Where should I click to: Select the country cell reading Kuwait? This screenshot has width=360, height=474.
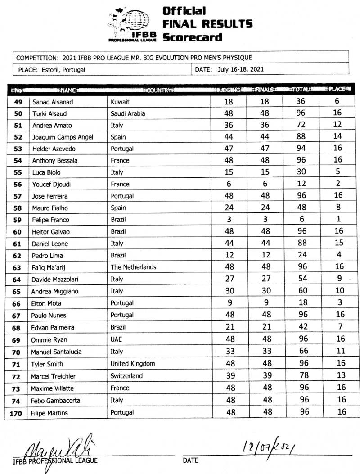point(120,102)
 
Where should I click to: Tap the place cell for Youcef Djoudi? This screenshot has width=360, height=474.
point(338,184)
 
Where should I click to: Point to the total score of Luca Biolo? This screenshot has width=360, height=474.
point(301,172)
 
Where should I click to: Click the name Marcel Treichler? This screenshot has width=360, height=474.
point(53,376)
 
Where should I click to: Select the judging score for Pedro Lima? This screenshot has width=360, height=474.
point(229,255)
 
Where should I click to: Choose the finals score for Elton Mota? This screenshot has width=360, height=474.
point(265,302)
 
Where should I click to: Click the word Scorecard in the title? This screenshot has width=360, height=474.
point(193,37)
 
